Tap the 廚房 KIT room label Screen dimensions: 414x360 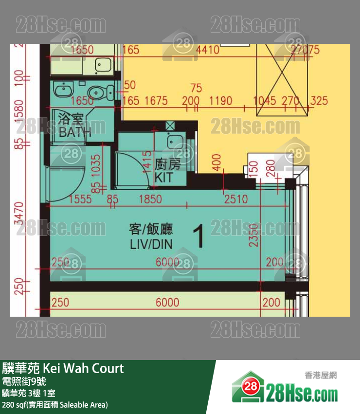point(167,171)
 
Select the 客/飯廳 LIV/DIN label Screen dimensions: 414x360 point(151,236)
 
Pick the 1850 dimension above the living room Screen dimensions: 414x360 point(150,199)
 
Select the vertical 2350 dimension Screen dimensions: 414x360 point(254,235)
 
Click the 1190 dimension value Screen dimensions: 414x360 point(220,101)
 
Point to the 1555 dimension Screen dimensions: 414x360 point(81,199)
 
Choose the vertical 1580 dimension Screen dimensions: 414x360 point(19,111)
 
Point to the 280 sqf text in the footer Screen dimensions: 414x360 point(12,404)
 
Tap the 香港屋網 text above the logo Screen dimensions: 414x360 point(321,375)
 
